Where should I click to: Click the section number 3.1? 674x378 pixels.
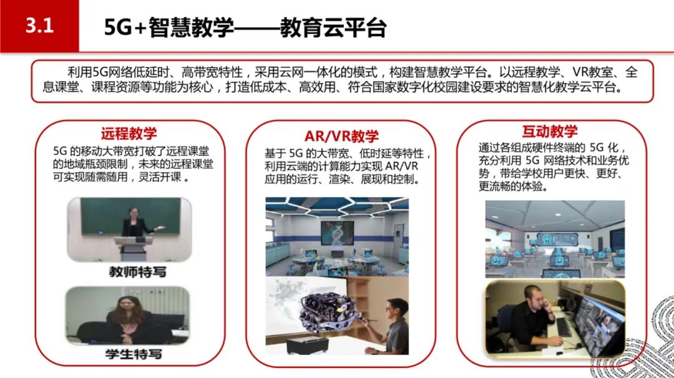pos(39,26)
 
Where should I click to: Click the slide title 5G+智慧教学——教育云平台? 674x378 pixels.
pos(245,27)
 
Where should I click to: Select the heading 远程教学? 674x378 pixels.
pos(129,133)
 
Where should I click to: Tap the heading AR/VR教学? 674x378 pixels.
pos(341,136)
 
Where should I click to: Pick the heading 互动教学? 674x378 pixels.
pos(550,131)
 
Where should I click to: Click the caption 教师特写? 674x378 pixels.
pos(137,272)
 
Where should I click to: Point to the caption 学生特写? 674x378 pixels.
pos(134,354)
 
